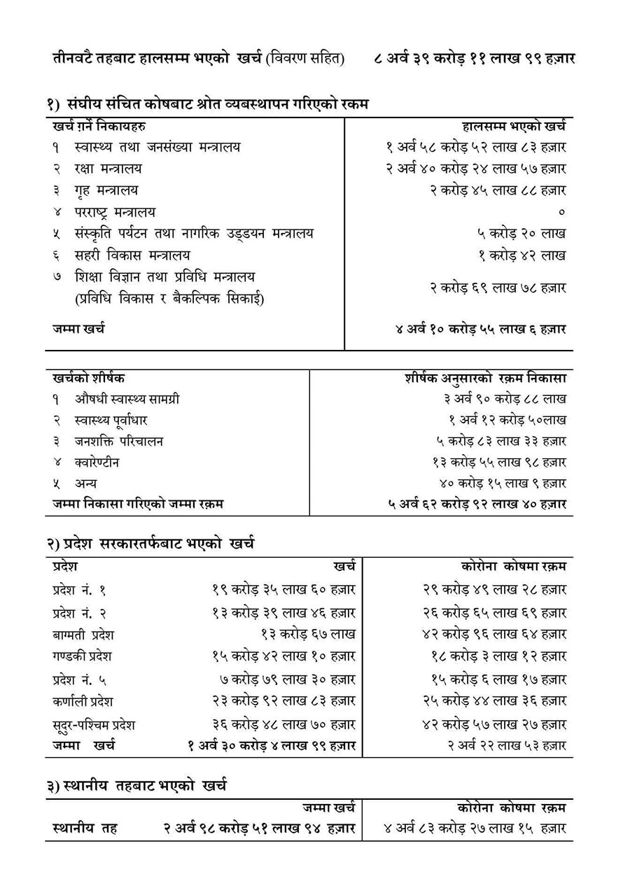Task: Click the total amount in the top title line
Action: click(x=475, y=58)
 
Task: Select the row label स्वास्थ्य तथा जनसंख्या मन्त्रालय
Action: click(x=157, y=147)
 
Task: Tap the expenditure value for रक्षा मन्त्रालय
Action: click(x=475, y=169)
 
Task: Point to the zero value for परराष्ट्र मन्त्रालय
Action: click(x=562, y=211)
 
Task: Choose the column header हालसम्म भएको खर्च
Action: click(x=514, y=126)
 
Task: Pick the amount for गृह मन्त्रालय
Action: click(x=498, y=190)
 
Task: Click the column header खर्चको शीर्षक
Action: click(x=88, y=378)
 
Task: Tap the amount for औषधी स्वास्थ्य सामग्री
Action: click(x=505, y=399)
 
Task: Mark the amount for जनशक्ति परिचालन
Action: click(x=501, y=442)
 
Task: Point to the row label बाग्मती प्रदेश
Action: click(x=83, y=635)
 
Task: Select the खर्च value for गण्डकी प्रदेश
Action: click(x=283, y=656)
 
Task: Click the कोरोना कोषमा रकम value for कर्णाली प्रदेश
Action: click(x=494, y=700)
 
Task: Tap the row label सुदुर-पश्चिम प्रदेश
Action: click(x=93, y=724)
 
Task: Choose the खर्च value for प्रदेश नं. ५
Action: click(x=287, y=679)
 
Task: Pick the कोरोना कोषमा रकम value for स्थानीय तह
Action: click(x=475, y=828)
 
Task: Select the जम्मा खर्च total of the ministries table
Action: click(x=480, y=328)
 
